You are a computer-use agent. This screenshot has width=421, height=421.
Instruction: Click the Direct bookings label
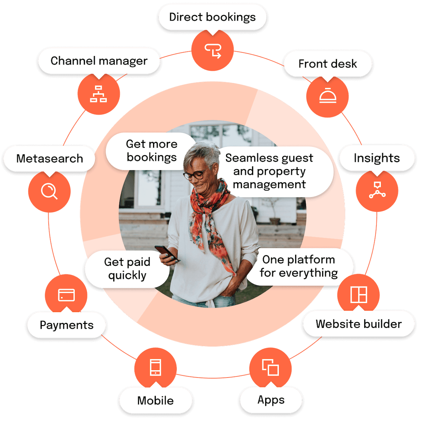[x=212, y=17]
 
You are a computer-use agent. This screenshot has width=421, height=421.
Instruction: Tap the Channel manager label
[x=99, y=61]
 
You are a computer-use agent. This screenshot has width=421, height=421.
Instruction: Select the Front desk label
[x=328, y=64]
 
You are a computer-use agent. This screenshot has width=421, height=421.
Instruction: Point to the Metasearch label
[x=50, y=158]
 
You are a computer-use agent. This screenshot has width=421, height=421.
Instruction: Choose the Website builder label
[x=359, y=324]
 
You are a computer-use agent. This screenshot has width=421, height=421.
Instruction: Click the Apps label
[x=271, y=400]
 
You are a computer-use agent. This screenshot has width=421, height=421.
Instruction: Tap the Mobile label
[x=156, y=400]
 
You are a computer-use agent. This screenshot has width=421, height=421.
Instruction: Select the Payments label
[x=67, y=325]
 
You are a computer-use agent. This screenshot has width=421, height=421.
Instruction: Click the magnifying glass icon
[x=49, y=192]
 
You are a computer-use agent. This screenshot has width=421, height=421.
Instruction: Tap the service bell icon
[x=328, y=95]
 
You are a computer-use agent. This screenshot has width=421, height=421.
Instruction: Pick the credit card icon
[x=66, y=295]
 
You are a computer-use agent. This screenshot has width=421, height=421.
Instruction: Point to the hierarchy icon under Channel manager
[x=99, y=94]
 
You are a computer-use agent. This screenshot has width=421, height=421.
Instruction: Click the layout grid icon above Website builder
[x=359, y=295]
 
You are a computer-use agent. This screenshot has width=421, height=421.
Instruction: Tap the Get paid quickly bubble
[x=127, y=269]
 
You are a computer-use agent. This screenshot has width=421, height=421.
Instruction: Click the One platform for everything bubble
[x=298, y=266]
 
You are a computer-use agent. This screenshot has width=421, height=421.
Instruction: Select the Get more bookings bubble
[x=151, y=151]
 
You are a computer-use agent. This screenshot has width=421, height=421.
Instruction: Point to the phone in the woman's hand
[x=166, y=253]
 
